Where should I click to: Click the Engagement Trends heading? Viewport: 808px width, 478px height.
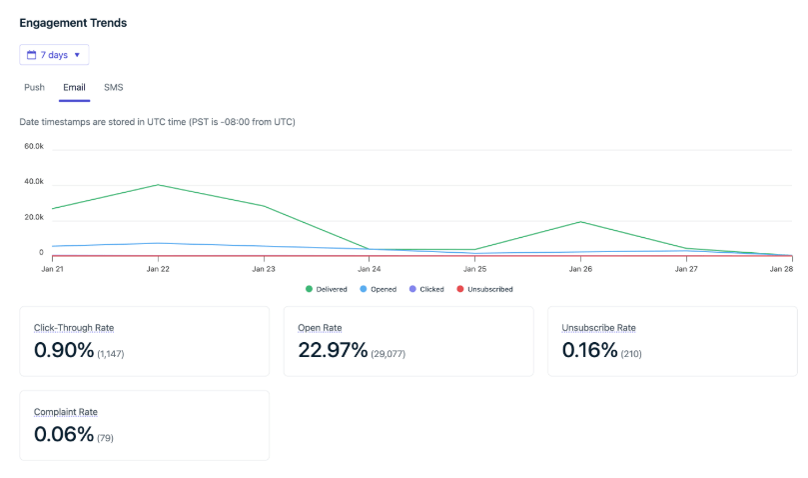click(x=73, y=22)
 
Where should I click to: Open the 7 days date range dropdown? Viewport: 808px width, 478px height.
click(x=54, y=55)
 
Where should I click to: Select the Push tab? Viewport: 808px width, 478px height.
click(x=34, y=87)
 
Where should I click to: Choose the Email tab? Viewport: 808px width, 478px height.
click(x=74, y=87)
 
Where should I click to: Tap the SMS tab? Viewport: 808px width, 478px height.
click(x=113, y=87)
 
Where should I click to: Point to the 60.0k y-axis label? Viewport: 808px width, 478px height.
click(x=33, y=146)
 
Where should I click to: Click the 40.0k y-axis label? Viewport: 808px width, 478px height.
click(x=33, y=182)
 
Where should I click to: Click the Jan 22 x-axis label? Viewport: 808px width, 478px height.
click(x=158, y=269)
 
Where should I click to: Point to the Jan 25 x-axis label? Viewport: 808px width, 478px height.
click(x=474, y=269)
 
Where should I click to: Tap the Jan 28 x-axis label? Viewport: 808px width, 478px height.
click(x=780, y=269)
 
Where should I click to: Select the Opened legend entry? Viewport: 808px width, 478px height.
click(x=380, y=289)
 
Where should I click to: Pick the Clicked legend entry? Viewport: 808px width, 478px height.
click(x=426, y=289)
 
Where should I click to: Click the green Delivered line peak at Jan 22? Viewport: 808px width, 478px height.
click(x=158, y=185)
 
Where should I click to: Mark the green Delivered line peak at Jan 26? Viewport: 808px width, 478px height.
click(x=580, y=222)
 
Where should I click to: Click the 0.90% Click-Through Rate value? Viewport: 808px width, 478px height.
click(x=64, y=351)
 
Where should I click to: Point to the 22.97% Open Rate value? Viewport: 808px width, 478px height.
click(x=333, y=351)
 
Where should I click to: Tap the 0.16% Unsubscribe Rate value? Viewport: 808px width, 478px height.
click(x=590, y=351)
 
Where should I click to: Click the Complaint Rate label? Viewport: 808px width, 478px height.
click(x=66, y=412)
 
